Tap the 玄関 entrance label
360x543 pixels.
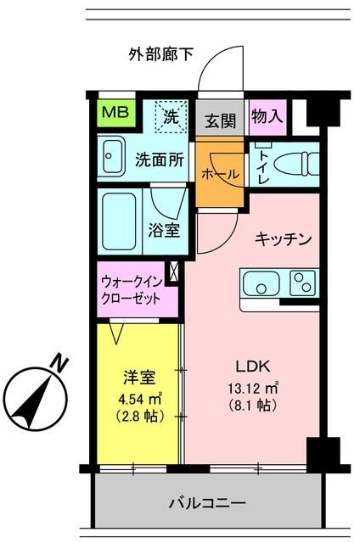220,120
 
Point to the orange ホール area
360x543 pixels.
220,173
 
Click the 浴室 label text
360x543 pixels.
164,229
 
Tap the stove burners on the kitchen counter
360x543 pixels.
301,283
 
